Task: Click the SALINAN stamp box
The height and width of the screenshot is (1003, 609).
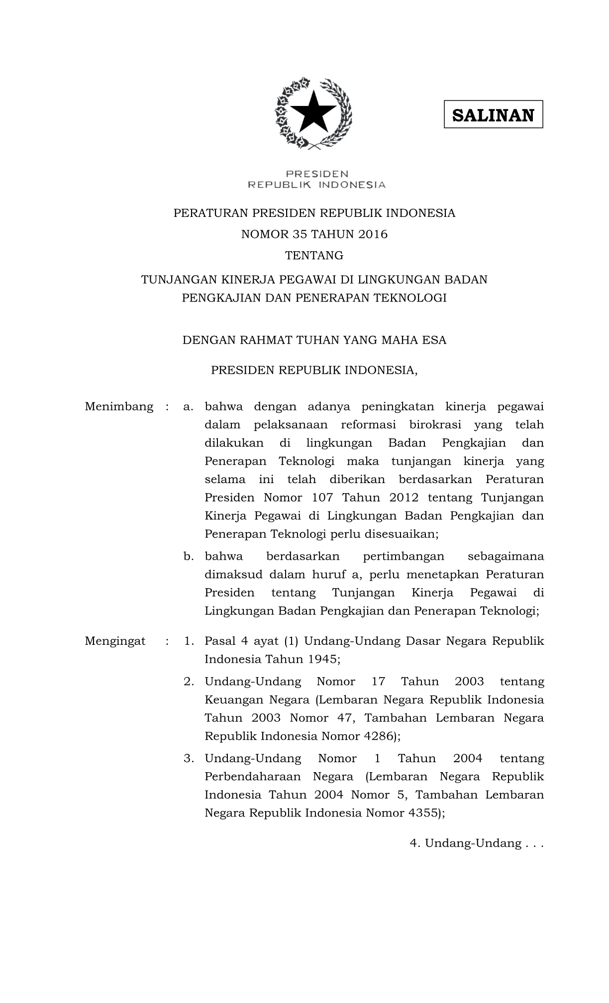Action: [493, 114]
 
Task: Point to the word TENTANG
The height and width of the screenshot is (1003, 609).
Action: [314, 256]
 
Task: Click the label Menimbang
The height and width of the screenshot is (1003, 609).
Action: [119, 406]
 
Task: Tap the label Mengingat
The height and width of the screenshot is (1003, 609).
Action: [115, 641]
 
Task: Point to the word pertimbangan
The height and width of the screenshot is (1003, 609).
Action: [404, 556]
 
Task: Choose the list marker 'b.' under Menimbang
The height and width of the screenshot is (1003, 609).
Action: [189, 556]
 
